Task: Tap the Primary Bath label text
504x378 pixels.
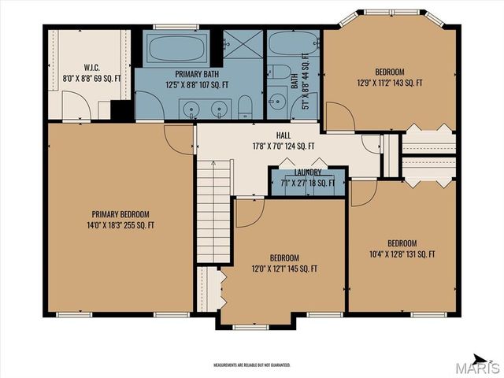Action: (x=197, y=79)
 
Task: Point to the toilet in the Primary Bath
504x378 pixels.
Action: (x=246, y=106)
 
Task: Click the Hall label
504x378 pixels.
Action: (x=283, y=140)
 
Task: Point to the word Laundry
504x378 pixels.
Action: (x=308, y=172)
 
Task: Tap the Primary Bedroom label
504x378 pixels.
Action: (x=120, y=219)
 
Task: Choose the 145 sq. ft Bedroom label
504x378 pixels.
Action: (x=284, y=263)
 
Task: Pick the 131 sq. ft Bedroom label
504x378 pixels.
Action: (x=402, y=248)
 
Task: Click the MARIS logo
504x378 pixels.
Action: (x=481, y=367)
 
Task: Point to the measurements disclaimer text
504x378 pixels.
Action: (x=252, y=365)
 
